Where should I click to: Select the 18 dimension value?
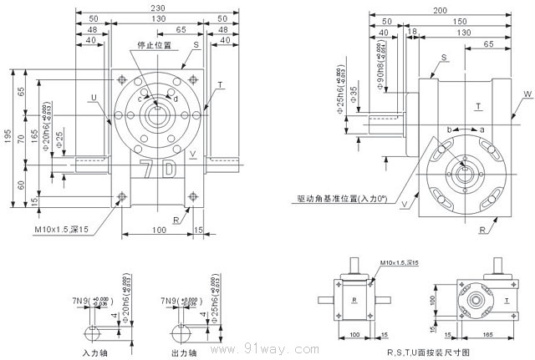[x=411, y=32]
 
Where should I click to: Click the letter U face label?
[x=94, y=98]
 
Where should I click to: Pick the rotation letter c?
[x=140, y=98]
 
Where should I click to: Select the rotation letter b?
[x=451, y=129]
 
